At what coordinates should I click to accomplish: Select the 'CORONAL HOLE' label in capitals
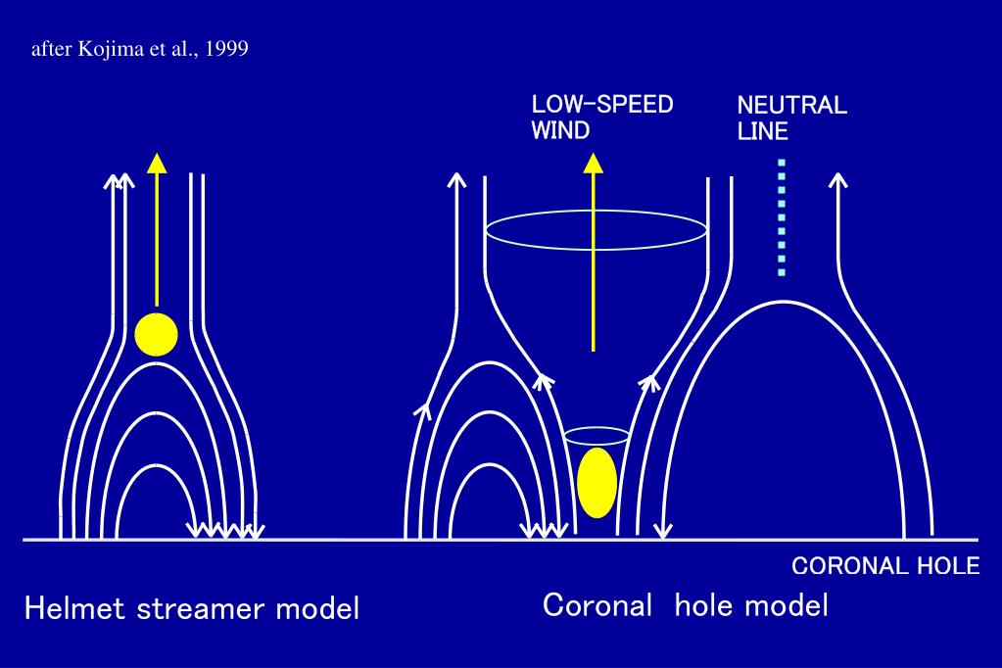click(884, 566)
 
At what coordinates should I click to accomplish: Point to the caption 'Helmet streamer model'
click(192, 609)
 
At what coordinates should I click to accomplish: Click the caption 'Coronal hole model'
click(686, 605)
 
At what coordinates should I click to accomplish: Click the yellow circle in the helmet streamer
click(156, 334)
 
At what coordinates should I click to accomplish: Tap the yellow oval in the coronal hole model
click(596, 482)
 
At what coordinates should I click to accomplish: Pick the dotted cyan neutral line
click(781, 216)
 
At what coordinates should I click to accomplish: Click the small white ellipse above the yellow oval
click(596, 437)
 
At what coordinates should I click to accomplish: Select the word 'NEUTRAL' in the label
click(791, 106)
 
